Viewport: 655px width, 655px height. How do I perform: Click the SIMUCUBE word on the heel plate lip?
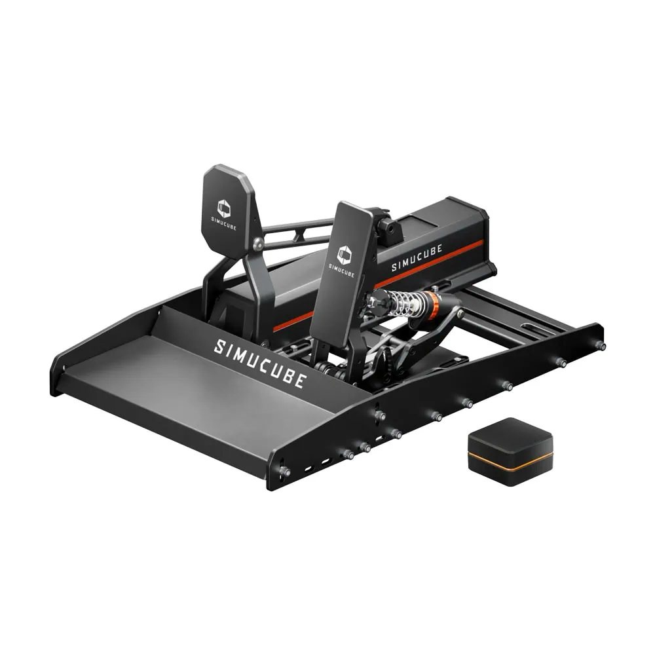pyautogui.click(x=259, y=364)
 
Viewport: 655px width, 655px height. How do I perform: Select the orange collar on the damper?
pyautogui.click(x=432, y=302)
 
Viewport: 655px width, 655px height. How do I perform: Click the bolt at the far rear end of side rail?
pyautogui.click(x=599, y=346)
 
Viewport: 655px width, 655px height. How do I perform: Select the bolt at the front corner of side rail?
pyautogui.click(x=283, y=470)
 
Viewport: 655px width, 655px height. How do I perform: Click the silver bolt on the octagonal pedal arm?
pyautogui.click(x=259, y=244)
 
